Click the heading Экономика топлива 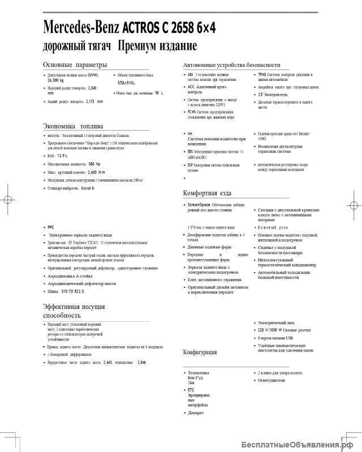tap(73, 126)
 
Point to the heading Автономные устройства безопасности tap(232, 64)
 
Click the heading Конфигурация tap(200, 352)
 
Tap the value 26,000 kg tap(55, 81)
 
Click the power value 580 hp tap(94, 163)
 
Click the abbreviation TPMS tap(262, 75)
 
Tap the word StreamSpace tap(199, 204)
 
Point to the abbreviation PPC tap(51, 227)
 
